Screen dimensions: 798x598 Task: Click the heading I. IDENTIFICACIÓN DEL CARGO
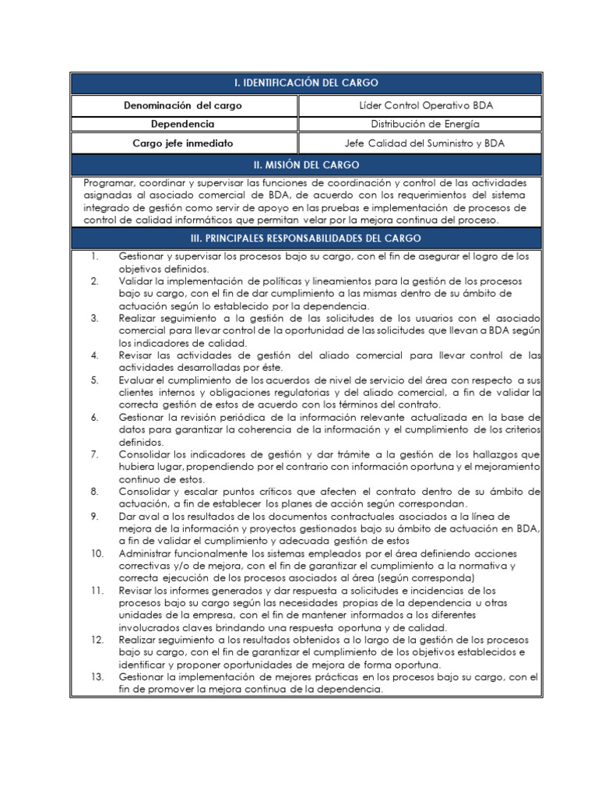click(x=306, y=83)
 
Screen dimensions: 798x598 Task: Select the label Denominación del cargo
click(x=178, y=105)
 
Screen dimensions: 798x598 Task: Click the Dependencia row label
click(x=178, y=124)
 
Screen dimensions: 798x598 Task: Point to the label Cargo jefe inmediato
click(x=178, y=143)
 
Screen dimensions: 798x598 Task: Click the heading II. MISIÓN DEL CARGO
click(x=306, y=164)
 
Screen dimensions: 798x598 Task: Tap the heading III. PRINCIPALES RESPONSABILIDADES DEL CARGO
click(x=306, y=238)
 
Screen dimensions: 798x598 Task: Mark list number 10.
click(x=97, y=553)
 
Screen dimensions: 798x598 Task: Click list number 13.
click(x=97, y=677)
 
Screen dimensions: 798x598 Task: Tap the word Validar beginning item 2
click(x=137, y=281)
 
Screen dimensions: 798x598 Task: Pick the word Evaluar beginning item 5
click(x=139, y=380)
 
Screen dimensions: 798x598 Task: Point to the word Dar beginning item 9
click(x=128, y=516)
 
